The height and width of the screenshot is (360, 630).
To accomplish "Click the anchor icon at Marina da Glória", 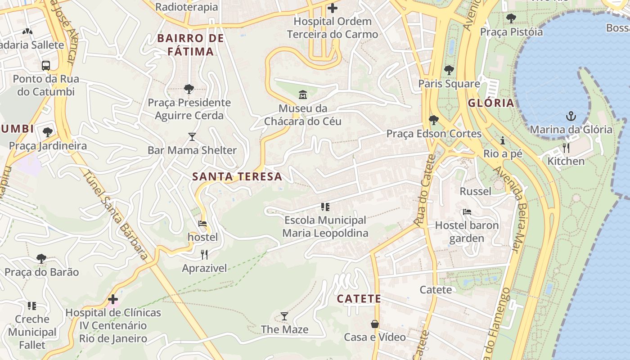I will tap(571, 117).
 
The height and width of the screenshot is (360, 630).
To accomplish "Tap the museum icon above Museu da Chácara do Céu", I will tap(302, 95).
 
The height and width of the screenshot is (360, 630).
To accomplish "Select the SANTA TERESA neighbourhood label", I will tap(237, 176).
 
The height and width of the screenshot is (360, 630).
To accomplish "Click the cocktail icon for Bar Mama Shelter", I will tap(192, 137).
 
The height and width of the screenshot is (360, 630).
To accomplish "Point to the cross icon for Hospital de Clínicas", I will tap(113, 299).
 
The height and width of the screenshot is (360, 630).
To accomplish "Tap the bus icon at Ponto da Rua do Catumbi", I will tap(46, 65).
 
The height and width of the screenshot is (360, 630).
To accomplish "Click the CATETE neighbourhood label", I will tap(359, 299).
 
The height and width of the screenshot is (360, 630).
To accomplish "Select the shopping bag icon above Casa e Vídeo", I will tap(374, 324).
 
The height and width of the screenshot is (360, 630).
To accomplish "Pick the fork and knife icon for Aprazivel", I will tap(204, 255).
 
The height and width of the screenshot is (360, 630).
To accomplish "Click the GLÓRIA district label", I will tap(491, 103).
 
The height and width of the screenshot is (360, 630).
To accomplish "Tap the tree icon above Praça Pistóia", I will tap(511, 18).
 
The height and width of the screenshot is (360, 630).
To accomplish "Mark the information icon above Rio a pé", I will tap(503, 140).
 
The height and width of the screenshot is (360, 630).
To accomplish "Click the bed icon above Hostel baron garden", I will tap(467, 212).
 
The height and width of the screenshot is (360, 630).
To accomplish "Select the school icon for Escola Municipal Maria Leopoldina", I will tap(325, 207).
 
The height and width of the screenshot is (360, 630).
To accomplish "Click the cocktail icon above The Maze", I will tap(284, 316).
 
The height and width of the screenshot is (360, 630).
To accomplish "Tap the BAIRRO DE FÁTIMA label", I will tap(191, 45).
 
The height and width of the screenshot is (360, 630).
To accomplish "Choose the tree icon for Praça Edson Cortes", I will tap(434, 120).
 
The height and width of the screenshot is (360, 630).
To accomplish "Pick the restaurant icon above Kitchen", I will tap(566, 148).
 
